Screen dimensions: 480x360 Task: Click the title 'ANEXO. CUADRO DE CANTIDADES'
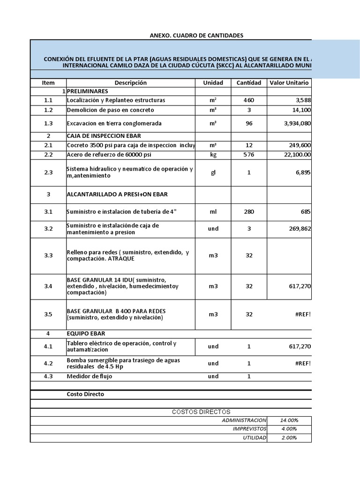(196, 36)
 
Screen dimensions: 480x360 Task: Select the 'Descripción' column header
(130, 83)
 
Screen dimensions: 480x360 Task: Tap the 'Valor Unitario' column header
(289, 83)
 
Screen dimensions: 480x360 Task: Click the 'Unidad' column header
(213, 83)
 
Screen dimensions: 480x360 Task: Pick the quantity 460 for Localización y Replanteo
(249, 100)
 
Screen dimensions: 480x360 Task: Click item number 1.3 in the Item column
(48, 124)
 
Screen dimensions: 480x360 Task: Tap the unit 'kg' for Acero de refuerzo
(213, 155)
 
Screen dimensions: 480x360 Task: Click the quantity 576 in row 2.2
(249, 155)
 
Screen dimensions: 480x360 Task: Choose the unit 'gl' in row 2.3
(213, 172)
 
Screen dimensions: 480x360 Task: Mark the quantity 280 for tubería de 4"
(249, 212)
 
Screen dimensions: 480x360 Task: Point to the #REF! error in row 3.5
(303, 315)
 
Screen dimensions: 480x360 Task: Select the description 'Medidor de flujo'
(90, 376)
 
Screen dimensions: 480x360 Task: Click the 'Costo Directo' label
(85, 394)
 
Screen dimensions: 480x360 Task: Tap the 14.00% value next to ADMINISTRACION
(289, 420)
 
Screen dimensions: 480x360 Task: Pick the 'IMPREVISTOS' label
(249, 429)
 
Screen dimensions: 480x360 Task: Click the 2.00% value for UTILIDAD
(289, 438)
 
